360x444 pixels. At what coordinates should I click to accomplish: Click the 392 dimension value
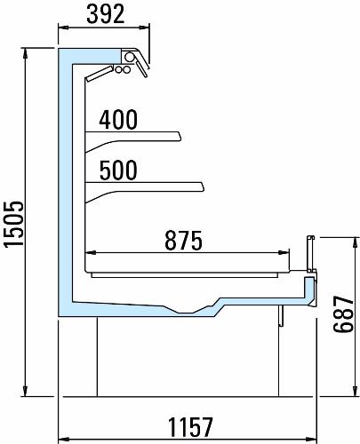pos(106,14)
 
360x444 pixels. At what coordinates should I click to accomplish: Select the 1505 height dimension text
pos(13,224)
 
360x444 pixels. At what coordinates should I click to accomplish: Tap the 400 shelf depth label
pos(118,120)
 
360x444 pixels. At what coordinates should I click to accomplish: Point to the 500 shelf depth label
pos(118,170)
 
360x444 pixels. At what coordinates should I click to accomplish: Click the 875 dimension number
pos(183,241)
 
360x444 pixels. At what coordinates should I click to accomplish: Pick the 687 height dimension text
pos(344,314)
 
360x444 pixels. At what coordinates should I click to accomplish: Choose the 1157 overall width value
pos(190,427)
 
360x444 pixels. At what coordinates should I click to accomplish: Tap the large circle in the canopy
pos(129,56)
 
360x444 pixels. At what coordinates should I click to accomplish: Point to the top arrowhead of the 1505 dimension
pos(26,53)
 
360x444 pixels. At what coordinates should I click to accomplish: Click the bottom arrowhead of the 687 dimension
pos(355,391)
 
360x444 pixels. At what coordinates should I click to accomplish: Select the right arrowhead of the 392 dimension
pos(144,28)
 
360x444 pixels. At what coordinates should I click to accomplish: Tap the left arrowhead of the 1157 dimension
pos(64,439)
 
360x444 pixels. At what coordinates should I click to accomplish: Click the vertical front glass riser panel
pos(310,254)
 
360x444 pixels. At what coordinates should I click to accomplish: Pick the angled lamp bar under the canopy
pos(99,74)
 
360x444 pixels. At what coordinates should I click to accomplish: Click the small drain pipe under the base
pos(281,316)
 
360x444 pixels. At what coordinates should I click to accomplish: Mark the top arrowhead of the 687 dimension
pos(355,242)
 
